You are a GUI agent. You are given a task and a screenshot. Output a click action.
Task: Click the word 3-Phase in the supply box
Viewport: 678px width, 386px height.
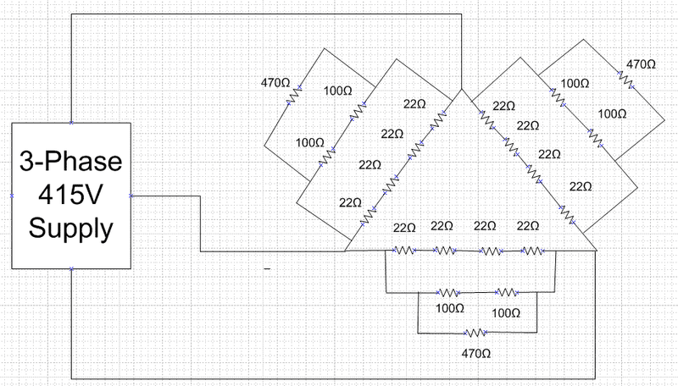coord(71,162)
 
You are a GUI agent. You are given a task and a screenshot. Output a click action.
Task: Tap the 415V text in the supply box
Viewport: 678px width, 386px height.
coord(70,195)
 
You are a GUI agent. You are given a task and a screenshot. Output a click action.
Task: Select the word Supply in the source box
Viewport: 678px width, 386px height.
coord(71,229)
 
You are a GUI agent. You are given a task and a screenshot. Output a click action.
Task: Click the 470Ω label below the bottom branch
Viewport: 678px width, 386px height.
coord(475,354)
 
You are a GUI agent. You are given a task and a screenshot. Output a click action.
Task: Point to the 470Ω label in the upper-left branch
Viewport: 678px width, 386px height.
coord(275,82)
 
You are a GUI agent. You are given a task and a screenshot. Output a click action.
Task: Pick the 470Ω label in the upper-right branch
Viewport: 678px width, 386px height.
coord(641,64)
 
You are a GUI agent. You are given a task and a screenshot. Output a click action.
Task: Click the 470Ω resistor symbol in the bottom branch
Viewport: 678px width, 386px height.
coord(475,333)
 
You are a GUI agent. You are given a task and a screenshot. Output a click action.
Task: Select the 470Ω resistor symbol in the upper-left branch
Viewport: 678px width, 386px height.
coord(294,96)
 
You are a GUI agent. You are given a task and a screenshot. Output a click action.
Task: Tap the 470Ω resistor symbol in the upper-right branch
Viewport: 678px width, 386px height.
coord(625,80)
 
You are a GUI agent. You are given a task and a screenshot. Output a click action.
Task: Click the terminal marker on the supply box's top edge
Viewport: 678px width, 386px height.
coord(71,123)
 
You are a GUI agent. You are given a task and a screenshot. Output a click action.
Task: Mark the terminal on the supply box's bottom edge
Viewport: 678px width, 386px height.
coord(71,268)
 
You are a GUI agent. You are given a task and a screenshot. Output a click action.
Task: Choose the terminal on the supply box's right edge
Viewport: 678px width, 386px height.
coord(131,196)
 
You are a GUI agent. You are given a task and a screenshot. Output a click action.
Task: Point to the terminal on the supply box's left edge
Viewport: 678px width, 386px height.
coord(12,196)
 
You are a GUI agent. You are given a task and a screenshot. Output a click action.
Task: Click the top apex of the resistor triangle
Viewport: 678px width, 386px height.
coord(462,90)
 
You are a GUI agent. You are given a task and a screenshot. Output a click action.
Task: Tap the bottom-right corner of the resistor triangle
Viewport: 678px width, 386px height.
coord(597,251)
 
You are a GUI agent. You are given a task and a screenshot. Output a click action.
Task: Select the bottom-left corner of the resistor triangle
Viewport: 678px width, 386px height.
coord(345,251)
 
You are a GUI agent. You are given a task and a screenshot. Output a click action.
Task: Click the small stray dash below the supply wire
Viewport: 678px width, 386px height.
coord(267,268)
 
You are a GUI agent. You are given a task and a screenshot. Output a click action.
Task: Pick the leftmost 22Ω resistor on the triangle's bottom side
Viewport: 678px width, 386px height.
coord(404,250)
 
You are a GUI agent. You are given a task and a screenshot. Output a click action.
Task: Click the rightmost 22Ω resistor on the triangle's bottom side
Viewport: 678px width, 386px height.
coord(532,251)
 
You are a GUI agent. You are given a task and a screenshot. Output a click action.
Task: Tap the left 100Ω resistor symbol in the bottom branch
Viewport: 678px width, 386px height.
coord(448,293)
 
